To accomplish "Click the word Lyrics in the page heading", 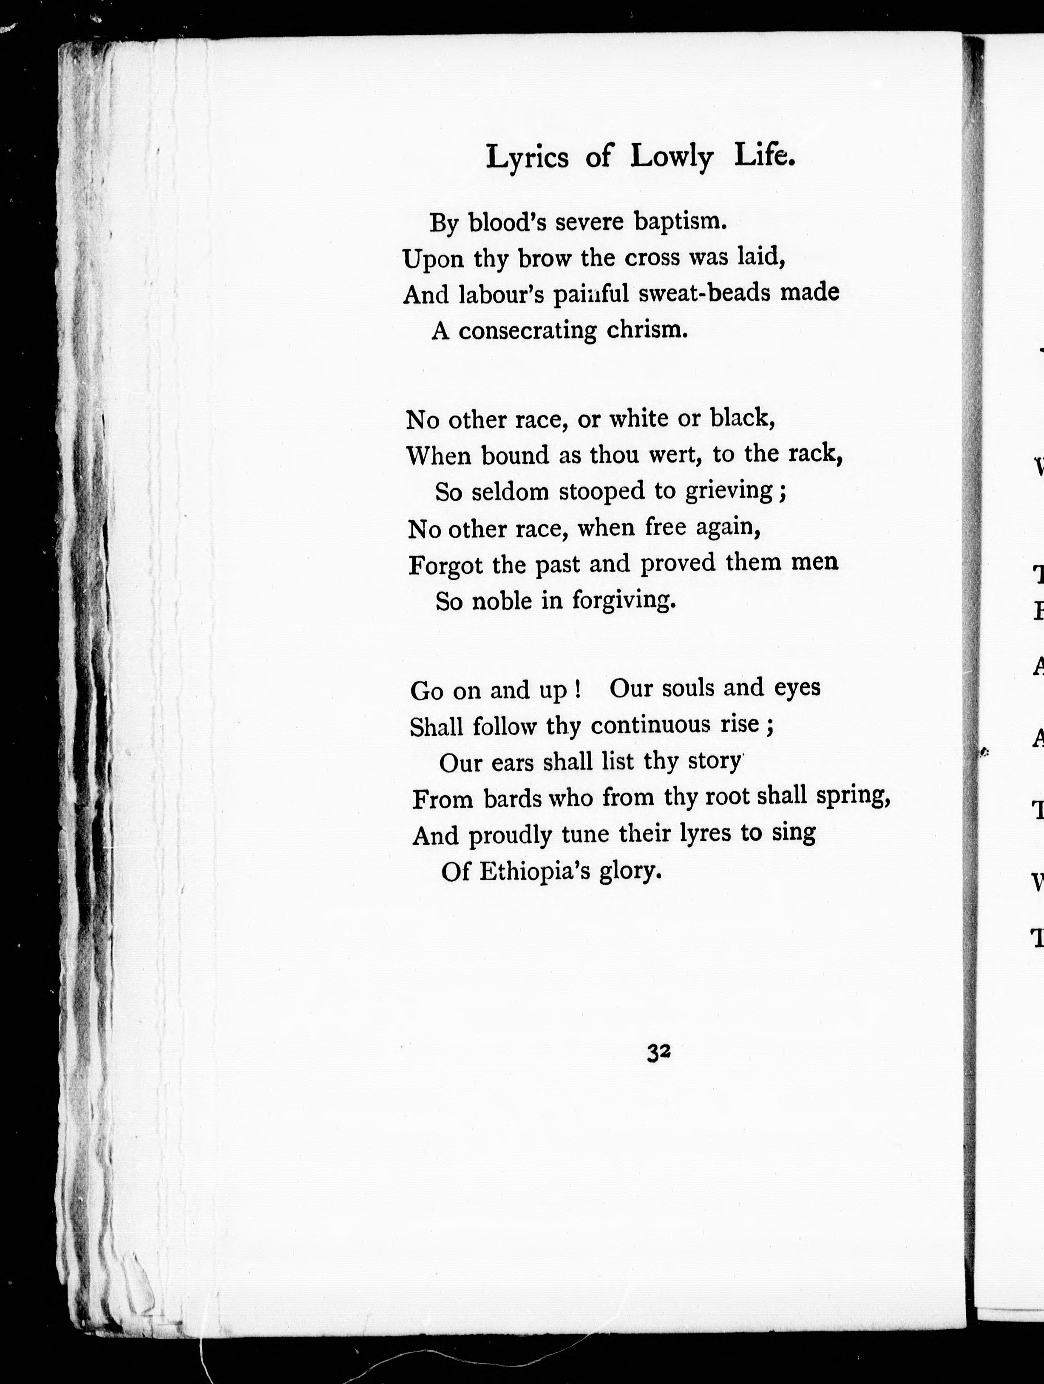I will click(528, 157).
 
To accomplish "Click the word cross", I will click(652, 257).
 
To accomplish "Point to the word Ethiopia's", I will click(534, 871).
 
